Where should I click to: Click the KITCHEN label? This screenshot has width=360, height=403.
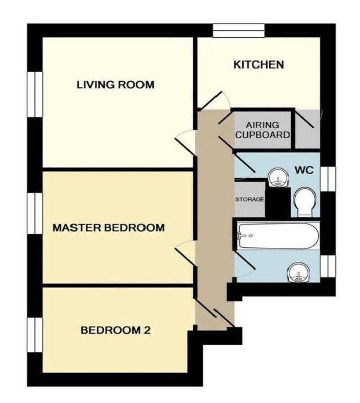(258, 64)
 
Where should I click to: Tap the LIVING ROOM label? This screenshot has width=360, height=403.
(115, 85)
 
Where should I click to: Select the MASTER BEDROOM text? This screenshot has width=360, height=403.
(108, 228)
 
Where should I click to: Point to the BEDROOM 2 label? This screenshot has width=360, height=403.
(115, 330)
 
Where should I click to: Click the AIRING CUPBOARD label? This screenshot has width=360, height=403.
(262, 130)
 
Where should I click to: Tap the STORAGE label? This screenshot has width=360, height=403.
(250, 199)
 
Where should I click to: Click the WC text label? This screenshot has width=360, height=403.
(304, 170)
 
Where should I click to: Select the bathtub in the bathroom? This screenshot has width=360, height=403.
(278, 236)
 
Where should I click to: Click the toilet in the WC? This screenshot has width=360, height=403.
(304, 203)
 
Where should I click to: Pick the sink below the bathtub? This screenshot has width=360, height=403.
(298, 273)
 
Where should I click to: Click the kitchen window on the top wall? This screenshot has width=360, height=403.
(239, 31)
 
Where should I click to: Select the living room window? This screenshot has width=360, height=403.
(35, 94)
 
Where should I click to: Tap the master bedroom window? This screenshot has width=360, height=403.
(35, 214)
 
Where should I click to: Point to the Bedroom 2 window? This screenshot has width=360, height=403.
(35, 335)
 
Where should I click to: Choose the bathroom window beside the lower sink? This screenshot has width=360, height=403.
(328, 266)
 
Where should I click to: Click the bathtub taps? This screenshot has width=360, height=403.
(245, 236)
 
